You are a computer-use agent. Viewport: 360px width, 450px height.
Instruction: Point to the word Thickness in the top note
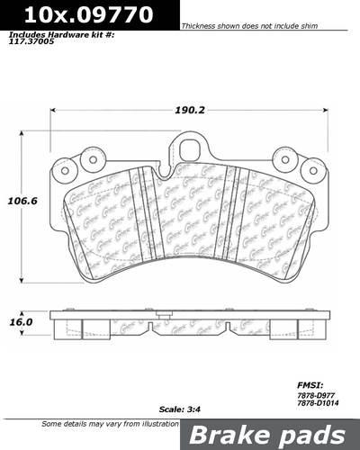pos(200,27)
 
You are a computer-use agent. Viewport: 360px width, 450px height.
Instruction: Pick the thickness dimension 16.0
pos(21,319)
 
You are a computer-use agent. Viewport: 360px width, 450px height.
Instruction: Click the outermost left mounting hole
pos(62,169)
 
